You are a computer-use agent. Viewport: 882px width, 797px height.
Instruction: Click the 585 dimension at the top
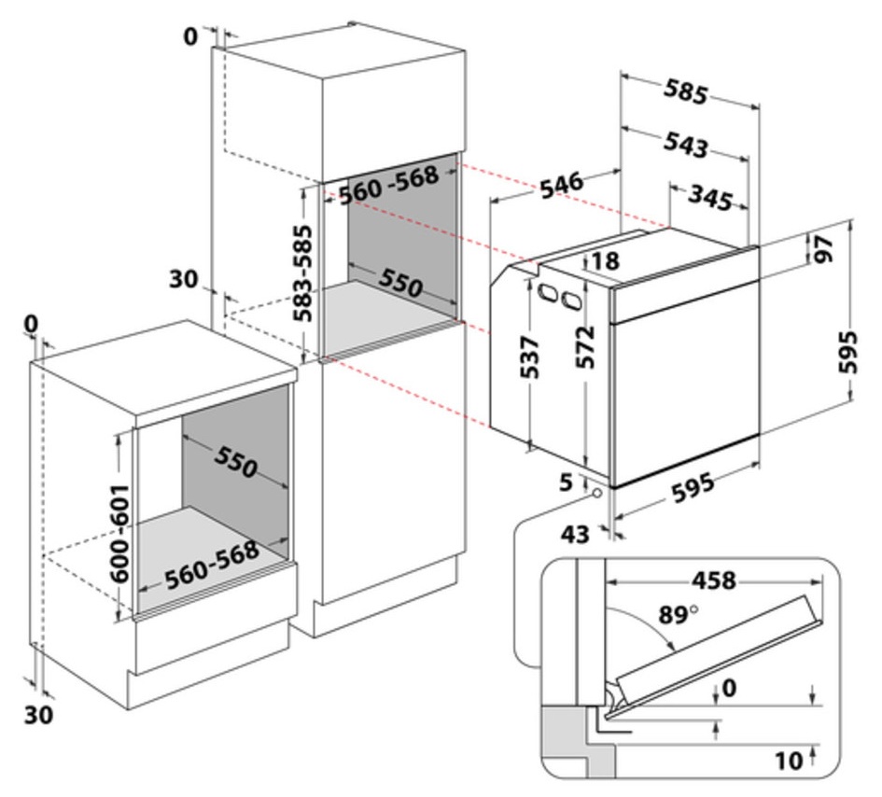tap(686, 91)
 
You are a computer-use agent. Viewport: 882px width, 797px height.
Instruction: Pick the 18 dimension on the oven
tap(605, 261)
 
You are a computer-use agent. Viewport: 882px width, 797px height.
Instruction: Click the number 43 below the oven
tap(576, 534)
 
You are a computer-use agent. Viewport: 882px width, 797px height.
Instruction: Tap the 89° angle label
tap(679, 615)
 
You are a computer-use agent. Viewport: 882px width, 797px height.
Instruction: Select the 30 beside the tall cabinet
tap(183, 279)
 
